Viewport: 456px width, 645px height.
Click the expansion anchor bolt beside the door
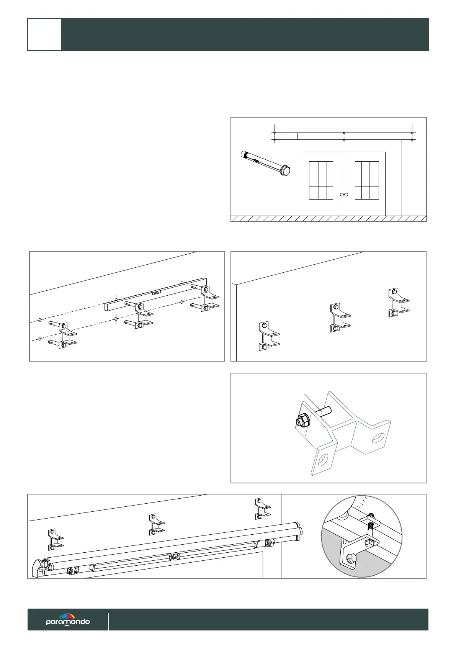pyautogui.click(x=265, y=164)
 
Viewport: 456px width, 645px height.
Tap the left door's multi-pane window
pyautogui.click(x=320, y=180)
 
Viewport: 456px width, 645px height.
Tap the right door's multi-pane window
pyautogui.click(x=367, y=180)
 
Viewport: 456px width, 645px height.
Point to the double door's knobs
pyautogui.click(x=344, y=195)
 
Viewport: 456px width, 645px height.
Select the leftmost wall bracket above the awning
pyautogui.click(x=55, y=539)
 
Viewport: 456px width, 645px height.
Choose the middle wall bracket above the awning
pyautogui.click(x=156, y=524)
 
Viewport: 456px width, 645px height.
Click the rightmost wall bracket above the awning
pyautogui.click(x=263, y=509)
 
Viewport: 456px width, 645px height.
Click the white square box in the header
pyautogui.click(x=44, y=34)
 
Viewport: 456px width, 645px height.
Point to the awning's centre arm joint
pyautogui.click(x=175, y=555)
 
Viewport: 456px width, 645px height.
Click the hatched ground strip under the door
pyautogui.click(x=329, y=219)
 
